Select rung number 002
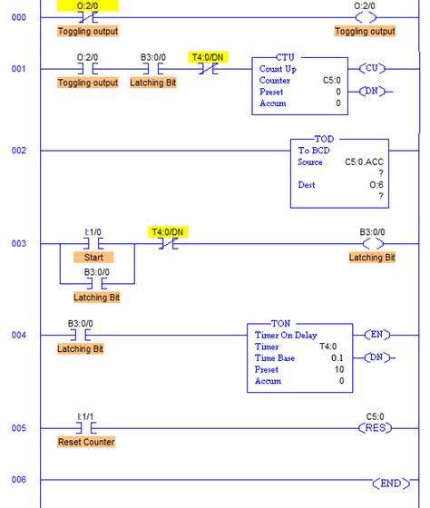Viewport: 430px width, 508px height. pos(19,151)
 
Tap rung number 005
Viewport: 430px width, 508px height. pos(19,428)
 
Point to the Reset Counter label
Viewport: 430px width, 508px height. pos(86,442)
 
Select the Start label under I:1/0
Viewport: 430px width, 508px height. pos(93,258)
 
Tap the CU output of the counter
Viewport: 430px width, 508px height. pos(375,68)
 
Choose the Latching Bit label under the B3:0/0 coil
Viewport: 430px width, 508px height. pos(372,258)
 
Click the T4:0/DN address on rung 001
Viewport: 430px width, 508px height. pos(208,56)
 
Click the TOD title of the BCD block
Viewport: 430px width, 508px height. pos(324,139)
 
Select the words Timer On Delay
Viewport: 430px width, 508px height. pos(286,335)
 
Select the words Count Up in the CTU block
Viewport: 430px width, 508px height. pos(278,68)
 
